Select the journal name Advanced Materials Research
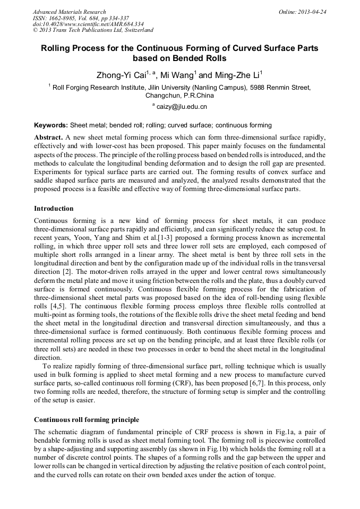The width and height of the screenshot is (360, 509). (x=69, y=12)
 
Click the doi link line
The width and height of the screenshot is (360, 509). (x=88, y=24)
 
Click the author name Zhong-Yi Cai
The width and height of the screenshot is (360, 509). (x=118, y=75)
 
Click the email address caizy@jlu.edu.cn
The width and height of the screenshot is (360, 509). (x=182, y=107)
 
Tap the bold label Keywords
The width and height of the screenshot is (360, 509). (x=51, y=125)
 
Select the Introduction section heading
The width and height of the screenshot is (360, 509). (x=54, y=208)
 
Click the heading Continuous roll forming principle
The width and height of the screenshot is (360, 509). (x=87, y=419)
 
